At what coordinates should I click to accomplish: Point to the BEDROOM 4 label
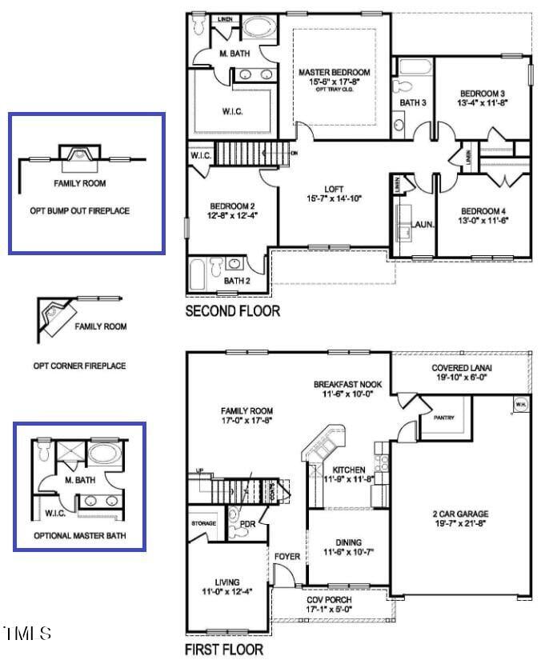(483, 211)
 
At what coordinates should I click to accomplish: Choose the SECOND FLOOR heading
(233, 311)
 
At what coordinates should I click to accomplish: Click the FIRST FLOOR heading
(224, 650)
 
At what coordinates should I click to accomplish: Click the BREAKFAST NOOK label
(347, 385)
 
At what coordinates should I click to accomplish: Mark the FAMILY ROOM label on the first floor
(246, 410)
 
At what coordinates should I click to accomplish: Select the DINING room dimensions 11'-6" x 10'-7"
(348, 552)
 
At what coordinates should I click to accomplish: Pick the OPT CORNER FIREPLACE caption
(79, 366)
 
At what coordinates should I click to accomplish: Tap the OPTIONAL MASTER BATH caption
(79, 535)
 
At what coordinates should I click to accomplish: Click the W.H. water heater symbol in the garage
(520, 402)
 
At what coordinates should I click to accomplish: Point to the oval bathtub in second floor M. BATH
(258, 26)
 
